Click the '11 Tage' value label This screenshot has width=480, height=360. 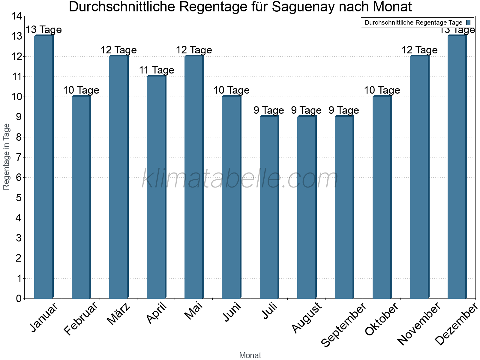pyautogui.click(x=156, y=70)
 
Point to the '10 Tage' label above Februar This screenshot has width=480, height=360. pyautogui.click(x=81, y=90)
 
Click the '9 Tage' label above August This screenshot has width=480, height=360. pyautogui.click(x=306, y=110)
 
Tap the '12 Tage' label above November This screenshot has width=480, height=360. pyautogui.click(x=419, y=50)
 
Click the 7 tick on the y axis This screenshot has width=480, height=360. pyautogui.click(x=19, y=157)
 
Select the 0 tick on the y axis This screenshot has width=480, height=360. pyautogui.click(x=19, y=298)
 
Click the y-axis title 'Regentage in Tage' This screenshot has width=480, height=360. pyautogui.click(x=7, y=157)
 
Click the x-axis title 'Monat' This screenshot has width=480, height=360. pyautogui.click(x=250, y=355)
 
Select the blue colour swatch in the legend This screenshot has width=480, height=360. pyautogui.click(x=468, y=22)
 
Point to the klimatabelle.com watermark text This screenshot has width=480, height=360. pyautogui.click(x=240, y=179)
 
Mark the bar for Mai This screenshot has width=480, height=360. pyautogui.click(x=194, y=177)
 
